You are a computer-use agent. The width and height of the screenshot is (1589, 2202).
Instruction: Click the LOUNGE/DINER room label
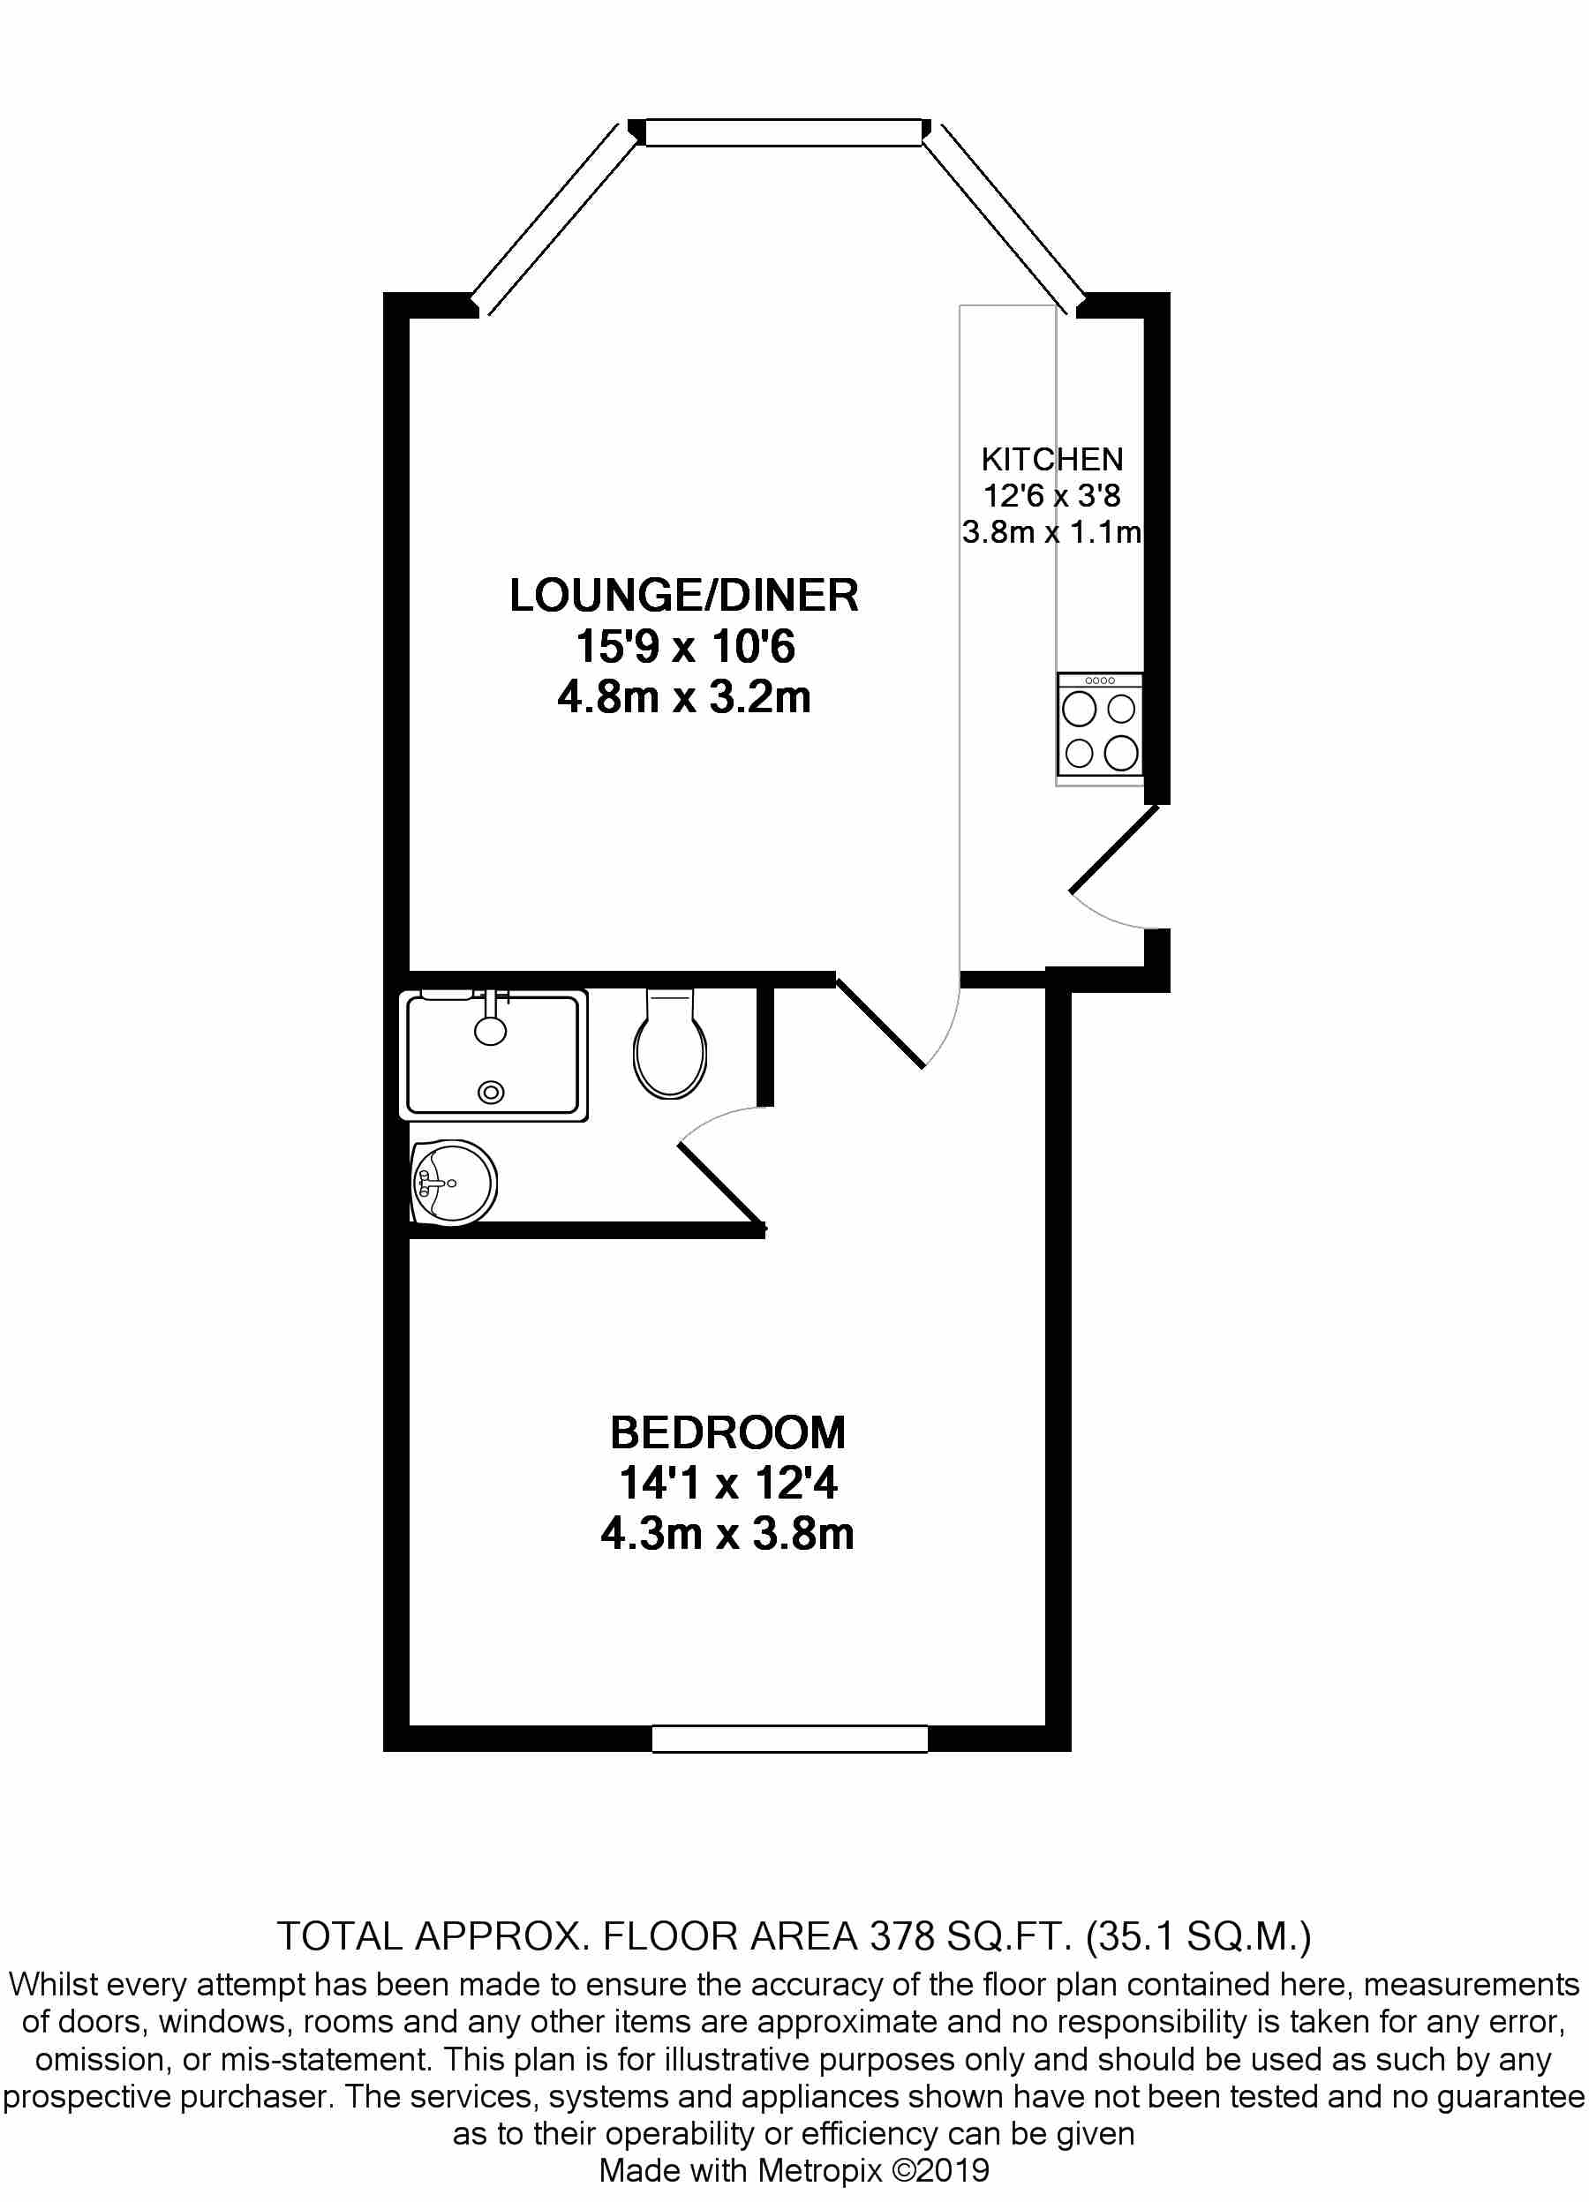pos(684,595)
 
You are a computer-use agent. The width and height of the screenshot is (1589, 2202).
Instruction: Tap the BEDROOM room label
pos(727,1433)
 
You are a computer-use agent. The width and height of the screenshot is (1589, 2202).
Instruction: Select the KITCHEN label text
pos(1052,459)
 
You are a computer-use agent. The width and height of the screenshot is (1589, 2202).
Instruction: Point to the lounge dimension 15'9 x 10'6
pos(685,647)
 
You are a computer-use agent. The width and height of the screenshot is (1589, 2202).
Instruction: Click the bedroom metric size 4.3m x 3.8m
pos(727,1534)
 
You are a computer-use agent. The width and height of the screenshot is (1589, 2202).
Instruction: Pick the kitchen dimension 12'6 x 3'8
pos(1052,496)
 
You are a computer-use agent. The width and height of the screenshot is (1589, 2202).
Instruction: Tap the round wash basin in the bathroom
pos(453,1183)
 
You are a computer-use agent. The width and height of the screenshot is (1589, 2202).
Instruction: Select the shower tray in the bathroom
pos(493,1056)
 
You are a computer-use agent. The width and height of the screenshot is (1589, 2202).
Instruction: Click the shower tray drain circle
pos(492,1093)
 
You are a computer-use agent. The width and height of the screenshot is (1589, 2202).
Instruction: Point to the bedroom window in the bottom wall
pos(789,1739)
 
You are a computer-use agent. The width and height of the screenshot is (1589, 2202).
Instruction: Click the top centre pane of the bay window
pos(783,132)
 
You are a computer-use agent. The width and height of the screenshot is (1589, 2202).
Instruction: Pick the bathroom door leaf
pos(720,1185)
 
